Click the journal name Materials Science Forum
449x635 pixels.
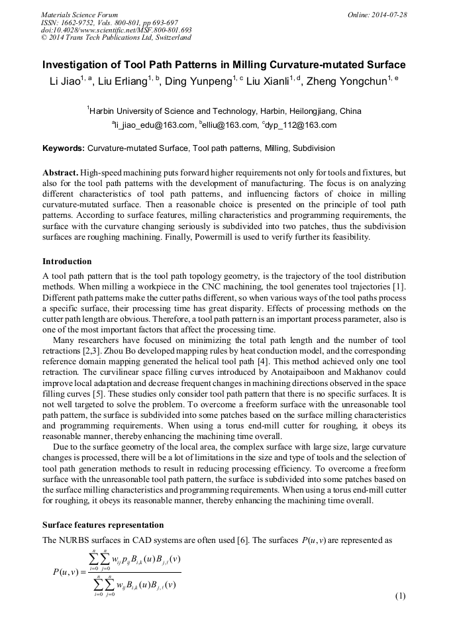click(x=79, y=14)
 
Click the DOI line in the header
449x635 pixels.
click(x=116, y=30)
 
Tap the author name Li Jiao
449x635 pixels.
click(x=64, y=81)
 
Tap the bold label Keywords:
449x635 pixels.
click(x=64, y=148)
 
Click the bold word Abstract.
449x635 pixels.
click(x=61, y=172)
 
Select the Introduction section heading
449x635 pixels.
click(x=67, y=261)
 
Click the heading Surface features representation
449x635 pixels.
click(x=103, y=524)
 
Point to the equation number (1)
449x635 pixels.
click(x=399, y=596)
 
